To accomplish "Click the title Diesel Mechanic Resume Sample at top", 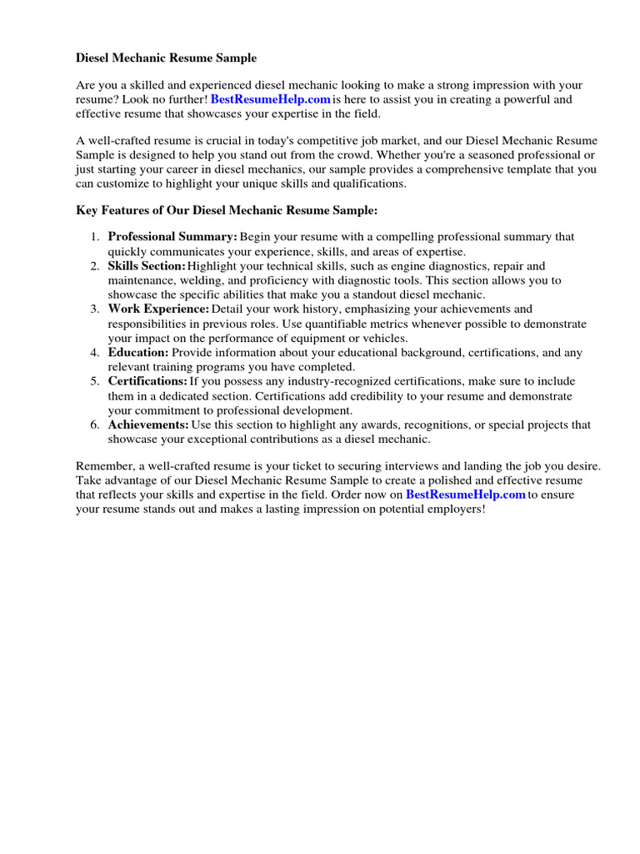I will click(x=167, y=58).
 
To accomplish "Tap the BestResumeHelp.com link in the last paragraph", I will click(x=466, y=495).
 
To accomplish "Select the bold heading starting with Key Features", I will click(x=227, y=211).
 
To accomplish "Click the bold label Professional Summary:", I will click(x=172, y=237).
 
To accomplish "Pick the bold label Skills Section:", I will click(x=147, y=266).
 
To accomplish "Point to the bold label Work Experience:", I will click(x=158, y=309).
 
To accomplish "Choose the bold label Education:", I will click(x=138, y=353).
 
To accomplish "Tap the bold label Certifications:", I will click(x=147, y=381).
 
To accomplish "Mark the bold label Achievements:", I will click(x=148, y=424).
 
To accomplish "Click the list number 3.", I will click(x=95, y=309).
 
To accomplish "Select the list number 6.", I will click(x=95, y=424).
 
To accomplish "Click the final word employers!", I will click(x=455, y=510).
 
